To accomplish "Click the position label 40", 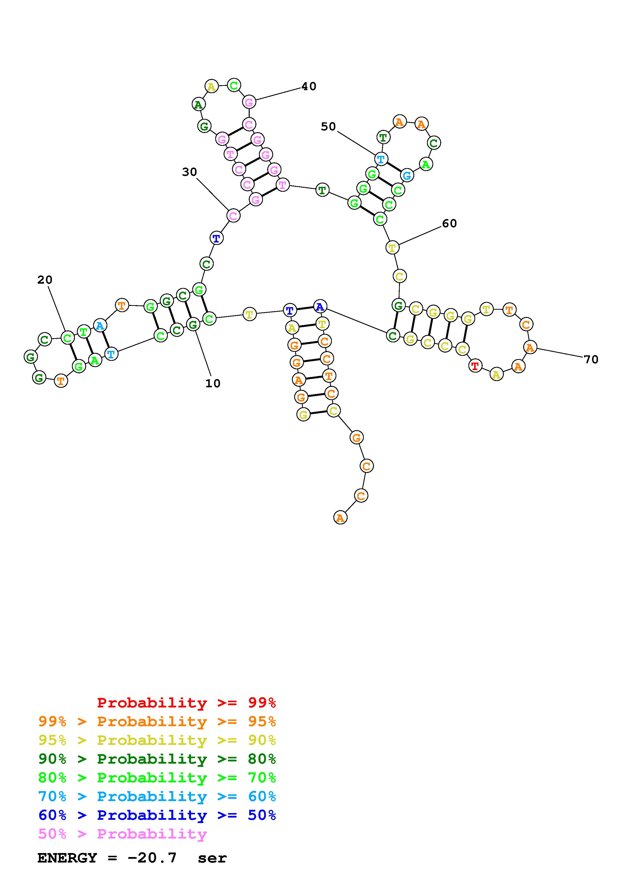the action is coord(309,87).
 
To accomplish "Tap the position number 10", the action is coord(213,384).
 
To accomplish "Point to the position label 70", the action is coord(591,359).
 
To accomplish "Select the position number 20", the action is coord(45,280).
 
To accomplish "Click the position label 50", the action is coord(328,126).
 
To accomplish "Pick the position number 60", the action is coord(449,223).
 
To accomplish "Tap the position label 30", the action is coord(189,172).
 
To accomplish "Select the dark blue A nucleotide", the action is coord(320,306).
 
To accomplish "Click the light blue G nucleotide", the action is coord(407,176).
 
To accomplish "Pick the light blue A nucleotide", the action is coord(100,325).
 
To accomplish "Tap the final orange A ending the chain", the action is coord(340,518).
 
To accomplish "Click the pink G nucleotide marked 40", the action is coord(249,102).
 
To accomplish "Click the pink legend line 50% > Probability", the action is coord(122,834).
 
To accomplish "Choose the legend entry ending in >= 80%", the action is coord(157,759).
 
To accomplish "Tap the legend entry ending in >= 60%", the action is coord(157,796).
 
